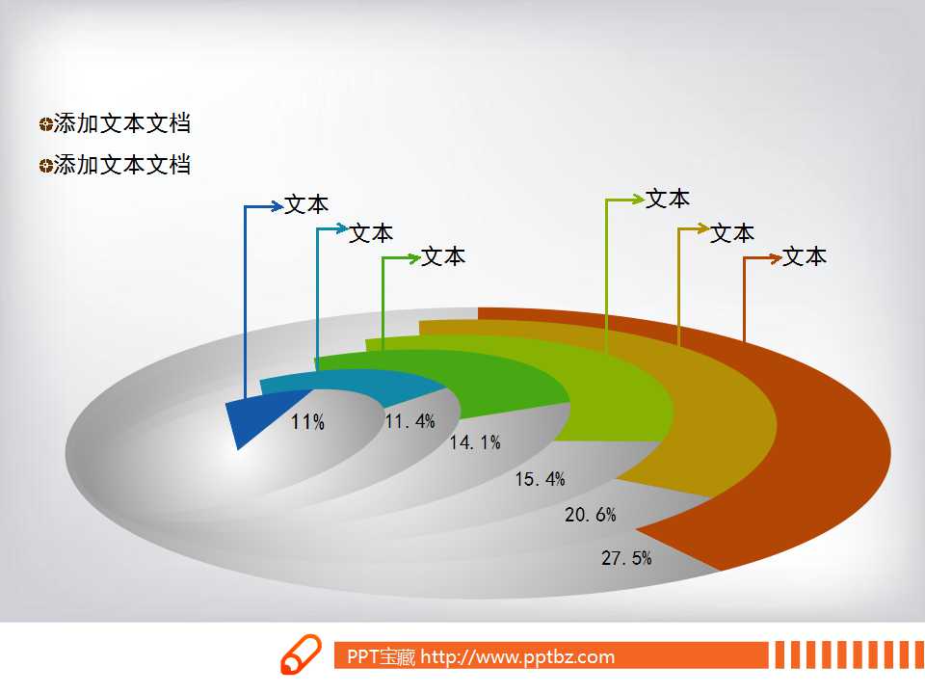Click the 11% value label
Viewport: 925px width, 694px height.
pyautogui.click(x=307, y=422)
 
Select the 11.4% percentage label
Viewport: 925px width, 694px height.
pyautogui.click(x=410, y=421)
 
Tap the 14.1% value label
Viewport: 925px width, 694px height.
pyautogui.click(x=475, y=442)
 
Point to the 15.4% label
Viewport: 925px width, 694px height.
pyautogui.click(x=540, y=479)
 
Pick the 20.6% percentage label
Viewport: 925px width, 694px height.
pyautogui.click(x=590, y=515)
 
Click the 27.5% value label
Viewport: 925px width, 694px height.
pyautogui.click(x=626, y=558)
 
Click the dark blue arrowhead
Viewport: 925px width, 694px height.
pyautogui.click(x=277, y=206)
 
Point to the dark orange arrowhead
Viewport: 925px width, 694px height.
pyautogui.click(x=775, y=258)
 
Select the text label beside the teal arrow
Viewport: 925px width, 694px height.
pyautogui.click(x=370, y=233)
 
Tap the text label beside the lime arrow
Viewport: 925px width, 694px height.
pyautogui.click(x=667, y=199)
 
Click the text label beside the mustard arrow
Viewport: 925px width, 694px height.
pyautogui.click(x=731, y=233)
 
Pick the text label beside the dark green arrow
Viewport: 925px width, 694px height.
pyautogui.click(x=442, y=256)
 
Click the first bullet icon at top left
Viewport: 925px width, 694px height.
pyautogui.click(x=46, y=124)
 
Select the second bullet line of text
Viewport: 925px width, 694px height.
pyautogui.click(x=122, y=165)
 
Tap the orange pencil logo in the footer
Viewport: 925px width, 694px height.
pyautogui.click(x=301, y=654)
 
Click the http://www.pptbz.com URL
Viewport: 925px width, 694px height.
pyautogui.click(x=517, y=656)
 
